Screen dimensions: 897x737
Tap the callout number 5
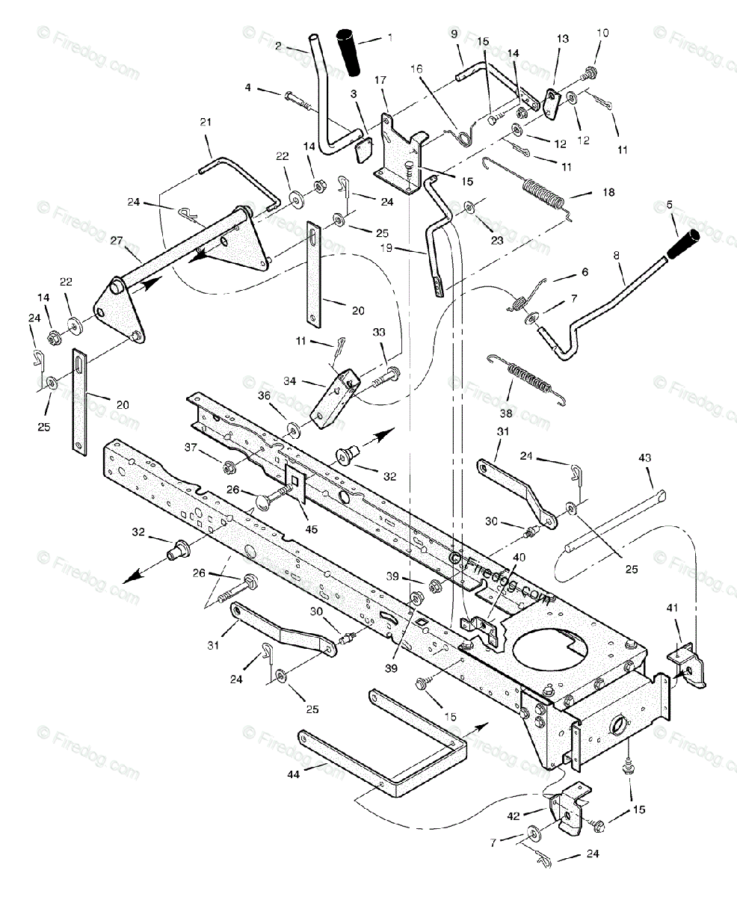click(669, 204)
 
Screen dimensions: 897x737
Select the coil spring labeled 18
click(549, 197)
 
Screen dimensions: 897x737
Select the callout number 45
click(311, 529)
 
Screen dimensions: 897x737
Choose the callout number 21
click(206, 123)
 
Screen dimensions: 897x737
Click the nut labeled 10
click(590, 73)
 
